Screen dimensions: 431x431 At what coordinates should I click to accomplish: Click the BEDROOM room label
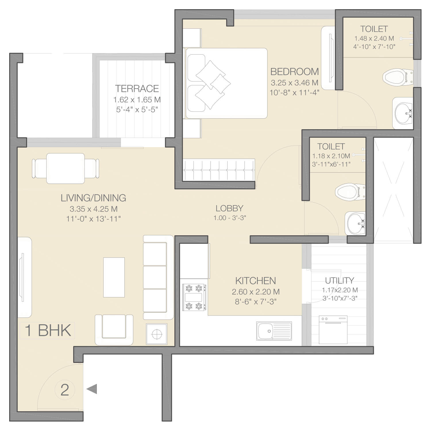[x=295, y=71]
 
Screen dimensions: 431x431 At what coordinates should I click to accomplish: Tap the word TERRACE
[x=137, y=88]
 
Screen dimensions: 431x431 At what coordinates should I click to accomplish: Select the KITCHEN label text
[x=255, y=281]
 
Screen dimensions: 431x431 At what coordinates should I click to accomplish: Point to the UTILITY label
[x=339, y=280]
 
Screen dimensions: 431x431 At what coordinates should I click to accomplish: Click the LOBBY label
[x=229, y=208]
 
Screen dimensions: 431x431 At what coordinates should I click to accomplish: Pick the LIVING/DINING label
[x=93, y=198]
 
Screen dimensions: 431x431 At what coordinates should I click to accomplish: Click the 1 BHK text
[x=48, y=330]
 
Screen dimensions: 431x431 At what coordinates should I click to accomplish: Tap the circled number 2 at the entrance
[x=65, y=390]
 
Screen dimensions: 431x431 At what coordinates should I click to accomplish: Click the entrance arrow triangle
[x=92, y=389]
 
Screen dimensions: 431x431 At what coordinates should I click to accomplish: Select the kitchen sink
[x=274, y=331]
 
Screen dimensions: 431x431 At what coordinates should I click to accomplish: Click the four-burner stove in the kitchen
[x=194, y=297]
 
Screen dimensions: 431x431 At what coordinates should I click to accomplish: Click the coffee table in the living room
[x=114, y=277]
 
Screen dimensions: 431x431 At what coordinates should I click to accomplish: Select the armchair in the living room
[x=114, y=329]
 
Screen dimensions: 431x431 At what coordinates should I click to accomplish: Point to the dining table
[x=66, y=168]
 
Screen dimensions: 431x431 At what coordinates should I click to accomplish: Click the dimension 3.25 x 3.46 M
[x=295, y=83]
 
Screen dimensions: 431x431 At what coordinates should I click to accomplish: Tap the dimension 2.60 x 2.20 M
[x=256, y=292]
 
